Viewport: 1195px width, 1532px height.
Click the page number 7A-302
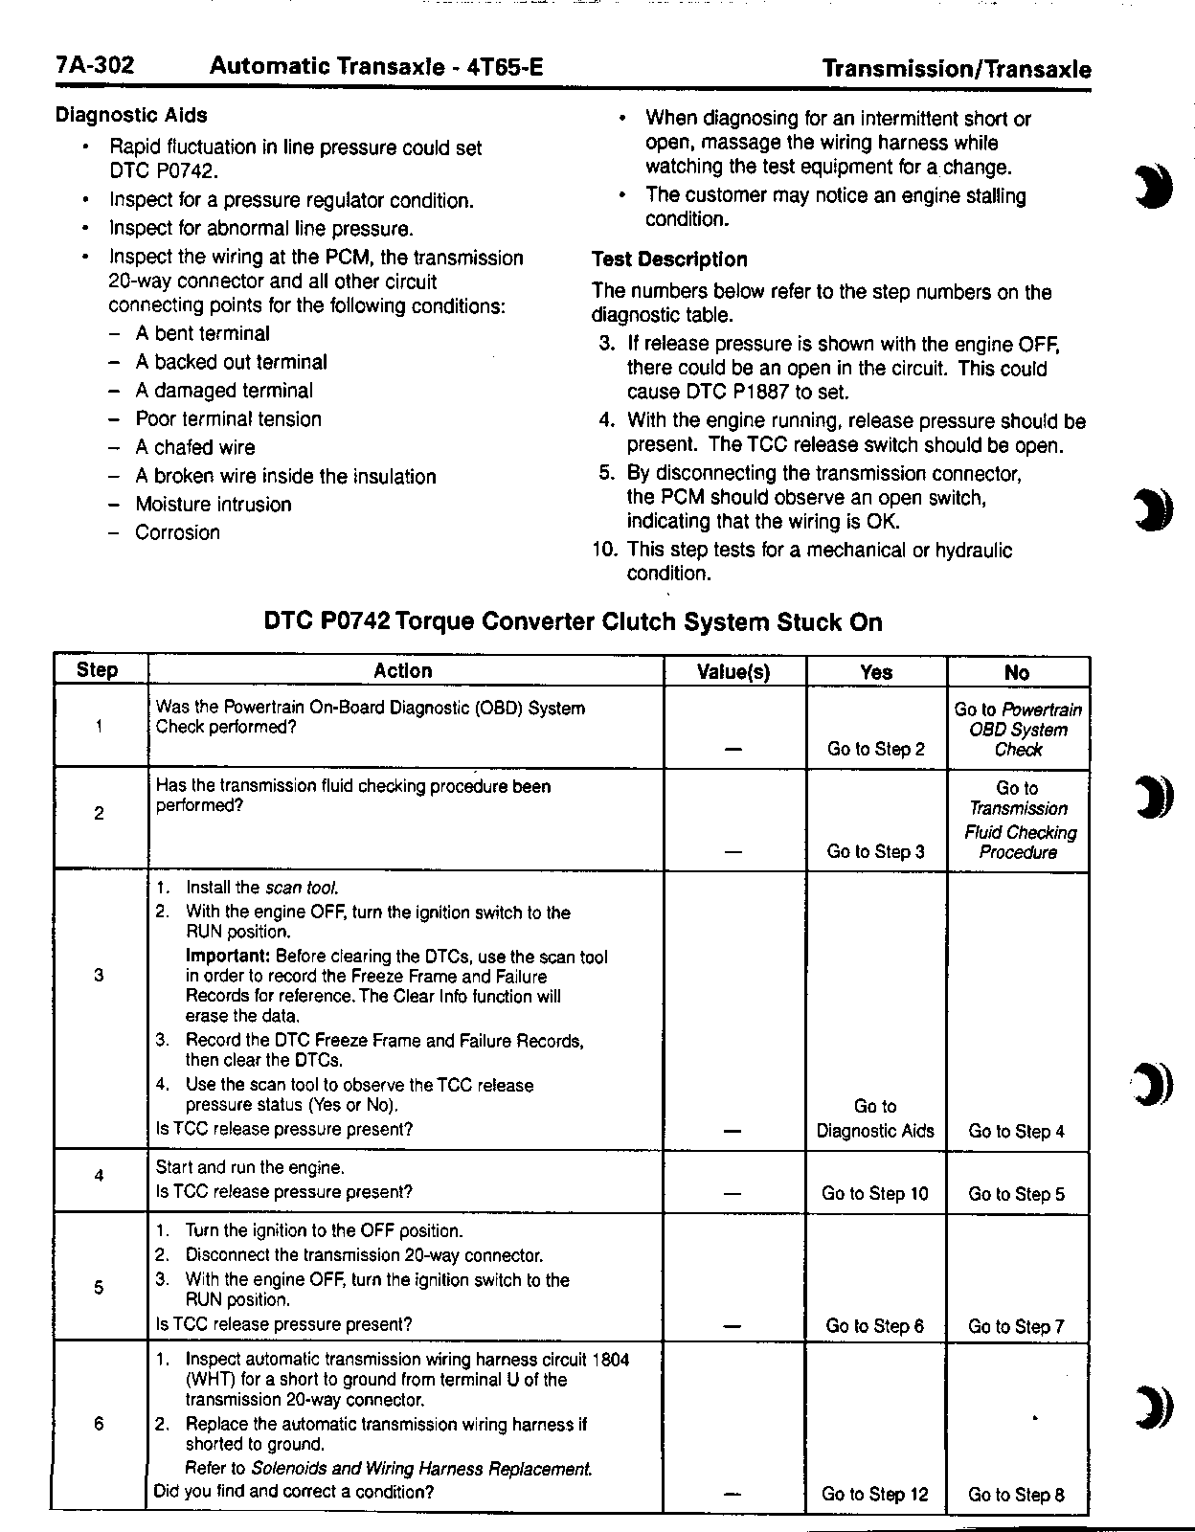(x=95, y=66)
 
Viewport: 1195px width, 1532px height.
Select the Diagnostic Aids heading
(x=131, y=115)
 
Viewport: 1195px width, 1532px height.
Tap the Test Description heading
(x=669, y=259)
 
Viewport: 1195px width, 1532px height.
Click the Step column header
(x=97, y=670)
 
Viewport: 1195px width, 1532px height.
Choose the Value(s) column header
(x=733, y=672)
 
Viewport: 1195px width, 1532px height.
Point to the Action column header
(x=403, y=670)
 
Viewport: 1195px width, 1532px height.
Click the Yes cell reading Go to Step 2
(x=875, y=749)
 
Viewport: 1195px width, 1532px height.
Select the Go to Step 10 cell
(x=875, y=1194)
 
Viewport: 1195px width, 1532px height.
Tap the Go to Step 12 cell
(x=875, y=1495)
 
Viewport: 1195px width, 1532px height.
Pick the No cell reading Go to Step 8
(x=1016, y=1495)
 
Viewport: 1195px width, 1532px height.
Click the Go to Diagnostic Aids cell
(x=875, y=1119)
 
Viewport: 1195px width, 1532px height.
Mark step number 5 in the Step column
(x=99, y=1287)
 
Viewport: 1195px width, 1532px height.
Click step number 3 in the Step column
(x=99, y=976)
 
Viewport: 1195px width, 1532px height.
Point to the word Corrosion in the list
(x=177, y=532)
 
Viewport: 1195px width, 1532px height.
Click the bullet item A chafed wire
(x=195, y=447)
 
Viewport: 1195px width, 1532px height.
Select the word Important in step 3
(x=227, y=956)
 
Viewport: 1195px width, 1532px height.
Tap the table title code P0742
(x=356, y=622)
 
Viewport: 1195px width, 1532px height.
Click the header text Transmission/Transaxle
(x=957, y=69)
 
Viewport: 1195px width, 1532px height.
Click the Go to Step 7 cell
(x=1016, y=1326)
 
